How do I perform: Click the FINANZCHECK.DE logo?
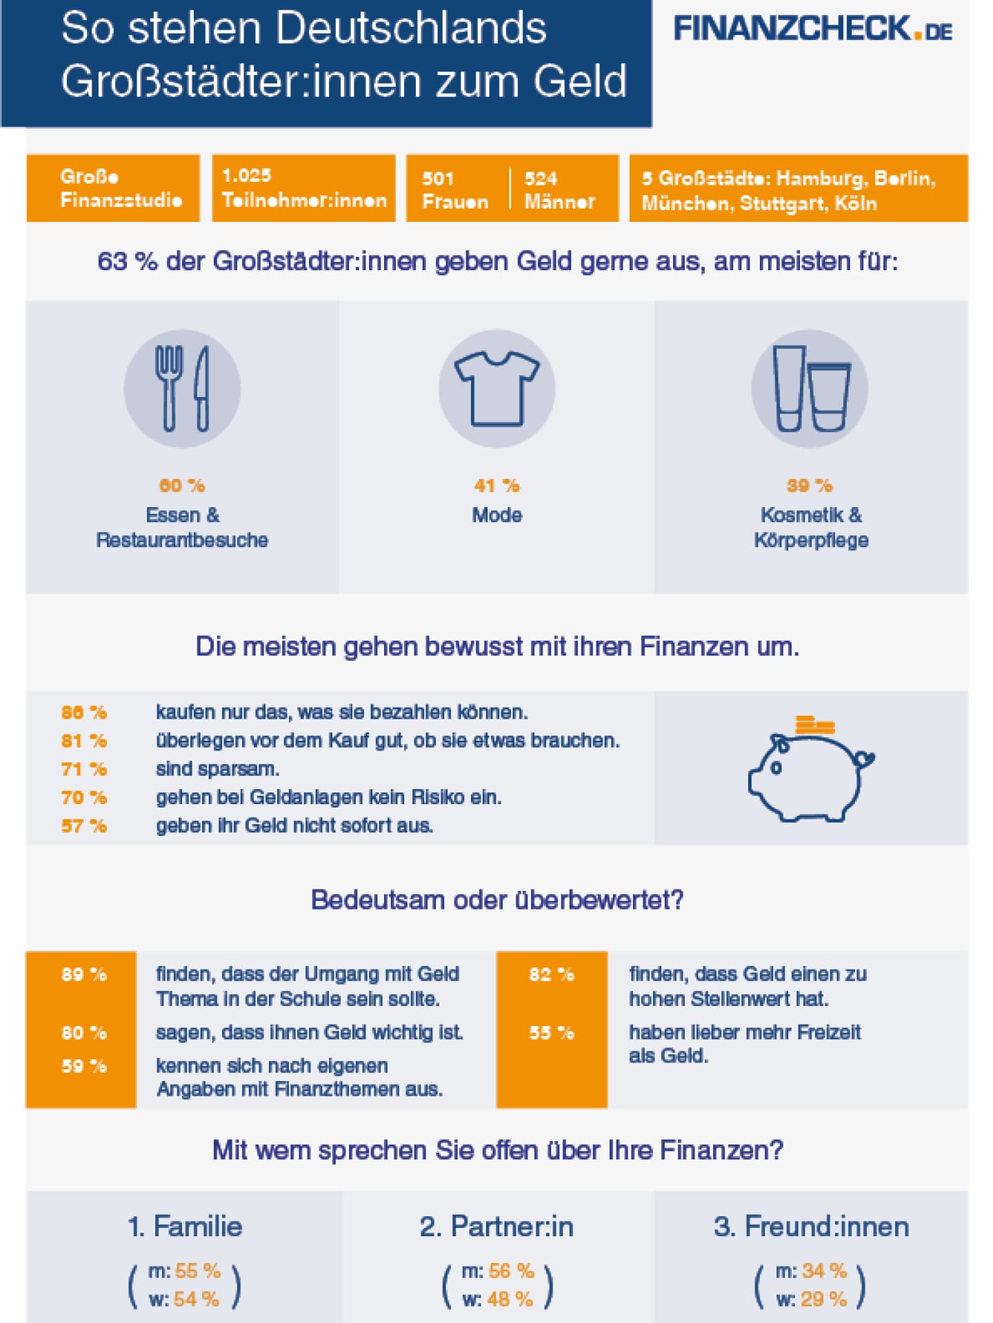pyautogui.click(x=812, y=30)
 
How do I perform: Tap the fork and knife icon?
pyautogui.click(x=182, y=389)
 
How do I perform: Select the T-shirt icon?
pyautogui.click(x=496, y=389)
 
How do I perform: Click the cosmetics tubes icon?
pyautogui.click(x=810, y=389)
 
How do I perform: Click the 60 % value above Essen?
pyautogui.click(x=182, y=486)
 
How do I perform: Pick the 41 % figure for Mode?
pyautogui.click(x=496, y=486)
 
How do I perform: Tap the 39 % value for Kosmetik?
pyautogui.click(x=810, y=486)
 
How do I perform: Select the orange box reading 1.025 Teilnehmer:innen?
pyautogui.click(x=303, y=188)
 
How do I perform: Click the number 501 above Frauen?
pyautogui.click(x=438, y=178)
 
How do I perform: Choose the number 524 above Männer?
pyautogui.click(x=541, y=178)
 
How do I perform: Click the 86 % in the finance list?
pyautogui.click(x=84, y=712)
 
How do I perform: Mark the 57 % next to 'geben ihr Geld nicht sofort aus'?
pyautogui.click(x=84, y=825)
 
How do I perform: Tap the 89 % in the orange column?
pyautogui.click(x=84, y=974)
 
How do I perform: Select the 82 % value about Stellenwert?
pyautogui.click(x=552, y=974)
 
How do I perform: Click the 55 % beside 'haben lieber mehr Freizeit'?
pyautogui.click(x=552, y=1033)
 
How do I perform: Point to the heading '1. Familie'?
pyautogui.click(x=185, y=1227)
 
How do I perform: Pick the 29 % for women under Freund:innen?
pyautogui.click(x=824, y=1300)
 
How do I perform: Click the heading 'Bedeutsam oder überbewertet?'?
pyautogui.click(x=497, y=900)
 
